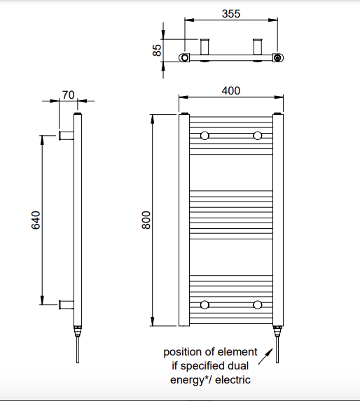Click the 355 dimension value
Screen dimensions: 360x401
(x=231, y=14)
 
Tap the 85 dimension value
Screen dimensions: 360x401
(x=157, y=50)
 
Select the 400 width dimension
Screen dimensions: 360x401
(x=231, y=91)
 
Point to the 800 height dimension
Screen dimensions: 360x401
(x=146, y=220)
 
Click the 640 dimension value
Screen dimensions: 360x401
(x=36, y=220)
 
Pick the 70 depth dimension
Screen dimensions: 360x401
(x=69, y=95)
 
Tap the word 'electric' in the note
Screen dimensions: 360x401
(x=233, y=380)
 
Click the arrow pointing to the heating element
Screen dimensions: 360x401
(x=265, y=356)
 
